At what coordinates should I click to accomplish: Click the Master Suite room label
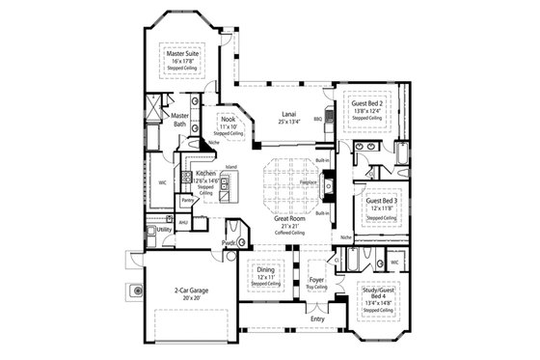pyautogui.click(x=181, y=54)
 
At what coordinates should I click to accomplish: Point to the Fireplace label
pyautogui.click(x=310, y=180)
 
